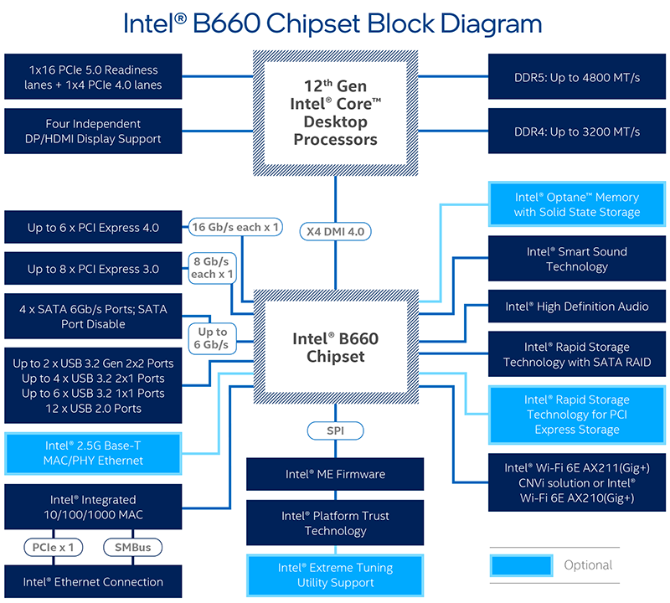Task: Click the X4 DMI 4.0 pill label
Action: pos(336,232)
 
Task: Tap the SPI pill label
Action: pos(336,430)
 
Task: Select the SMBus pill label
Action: pos(133,548)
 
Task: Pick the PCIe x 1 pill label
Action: pos(53,548)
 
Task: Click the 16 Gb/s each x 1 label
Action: pos(235,227)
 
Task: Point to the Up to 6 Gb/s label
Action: pos(213,338)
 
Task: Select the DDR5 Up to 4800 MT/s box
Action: pos(577,77)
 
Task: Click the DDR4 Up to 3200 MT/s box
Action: pos(577,131)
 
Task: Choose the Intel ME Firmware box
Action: pos(335,474)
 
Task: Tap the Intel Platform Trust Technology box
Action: pos(335,523)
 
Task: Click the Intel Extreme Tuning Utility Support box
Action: pos(335,575)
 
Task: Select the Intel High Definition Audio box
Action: pos(577,307)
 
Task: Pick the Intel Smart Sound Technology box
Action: pos(577,259)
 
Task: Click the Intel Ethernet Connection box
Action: pos(93,581)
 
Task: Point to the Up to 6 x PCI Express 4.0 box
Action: pos(93,227)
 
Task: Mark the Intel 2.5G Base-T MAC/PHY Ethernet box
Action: pos(93,453)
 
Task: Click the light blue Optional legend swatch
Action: pos(521,565)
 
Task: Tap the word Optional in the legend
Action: pos(588,565)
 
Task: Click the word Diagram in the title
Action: pos(491,24)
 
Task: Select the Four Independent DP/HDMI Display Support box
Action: pos(93,131)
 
